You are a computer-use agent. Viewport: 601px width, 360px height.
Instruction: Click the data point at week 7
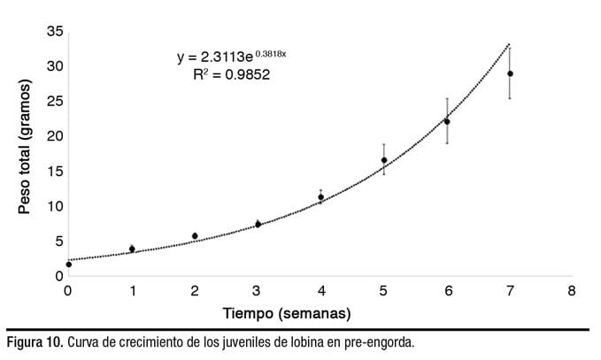tap(510, 73)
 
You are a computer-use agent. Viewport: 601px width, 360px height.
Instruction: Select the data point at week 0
tap(68, 264)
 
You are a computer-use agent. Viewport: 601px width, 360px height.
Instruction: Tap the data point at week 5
tap(384, 160)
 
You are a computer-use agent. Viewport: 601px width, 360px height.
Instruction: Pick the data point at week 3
tap(258, 224)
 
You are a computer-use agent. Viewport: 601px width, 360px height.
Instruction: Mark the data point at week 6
tap(447, 121)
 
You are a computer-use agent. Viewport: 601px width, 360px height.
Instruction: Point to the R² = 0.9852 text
tap(231, 75)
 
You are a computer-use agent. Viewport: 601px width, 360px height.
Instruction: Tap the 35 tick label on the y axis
tap(55, 31)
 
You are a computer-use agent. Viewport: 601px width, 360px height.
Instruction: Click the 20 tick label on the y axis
tap(55, 135)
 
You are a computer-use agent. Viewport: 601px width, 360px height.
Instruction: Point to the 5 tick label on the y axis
tap(58, 241)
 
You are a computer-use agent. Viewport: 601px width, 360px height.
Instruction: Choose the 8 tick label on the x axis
tap(573, 291)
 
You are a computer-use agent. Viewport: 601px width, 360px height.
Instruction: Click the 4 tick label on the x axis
tap(320, 291)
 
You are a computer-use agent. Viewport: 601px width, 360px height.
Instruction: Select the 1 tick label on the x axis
tap(132, 291)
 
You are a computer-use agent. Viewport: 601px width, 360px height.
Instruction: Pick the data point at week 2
tap(195, 236)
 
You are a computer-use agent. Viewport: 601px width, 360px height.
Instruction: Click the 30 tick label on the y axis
tap(55, 65)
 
